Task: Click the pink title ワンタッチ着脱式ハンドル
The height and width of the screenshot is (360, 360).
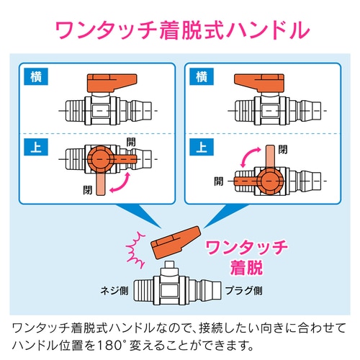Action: [x=179, y=30]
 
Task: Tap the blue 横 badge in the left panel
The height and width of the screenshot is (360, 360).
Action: [x=37, y=75]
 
